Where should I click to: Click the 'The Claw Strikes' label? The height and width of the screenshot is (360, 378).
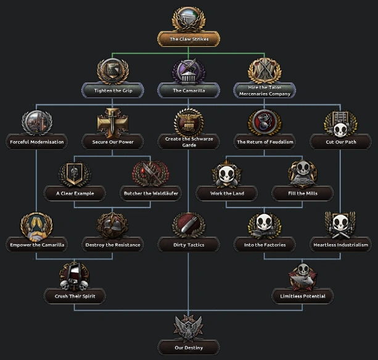[x=189, y=39]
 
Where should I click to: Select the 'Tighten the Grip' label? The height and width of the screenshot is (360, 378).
[x=113, y=91]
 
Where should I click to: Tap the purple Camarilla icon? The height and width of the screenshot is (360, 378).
[x=189, y=72]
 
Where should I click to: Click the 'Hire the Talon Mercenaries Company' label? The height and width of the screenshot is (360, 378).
[x=265, y=91]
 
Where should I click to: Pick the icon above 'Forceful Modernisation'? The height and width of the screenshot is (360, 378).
[x=36, y=123]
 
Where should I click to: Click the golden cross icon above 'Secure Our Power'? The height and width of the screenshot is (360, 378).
[x=113, y=123]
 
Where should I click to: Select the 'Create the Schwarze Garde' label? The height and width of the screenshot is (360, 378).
[x=189, y=142]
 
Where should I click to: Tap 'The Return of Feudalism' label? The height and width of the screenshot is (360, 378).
[x=265, y=142]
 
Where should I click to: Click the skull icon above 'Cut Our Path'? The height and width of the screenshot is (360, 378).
[x=340, y=123]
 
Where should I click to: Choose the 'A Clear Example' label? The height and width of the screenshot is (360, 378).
[x=75, y=194]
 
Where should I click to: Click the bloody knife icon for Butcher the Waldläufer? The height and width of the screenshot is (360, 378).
[x=150, y=174]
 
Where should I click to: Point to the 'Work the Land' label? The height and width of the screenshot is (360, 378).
[x=227, y=194]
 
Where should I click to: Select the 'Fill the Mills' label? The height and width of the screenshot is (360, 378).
[x=303, y=194]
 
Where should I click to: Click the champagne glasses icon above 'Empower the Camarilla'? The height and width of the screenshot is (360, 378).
[x=36, y=226]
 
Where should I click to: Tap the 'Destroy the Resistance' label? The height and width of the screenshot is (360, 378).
[x=113, y=245]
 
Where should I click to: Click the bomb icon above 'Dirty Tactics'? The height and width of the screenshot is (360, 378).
[x=189, y=226]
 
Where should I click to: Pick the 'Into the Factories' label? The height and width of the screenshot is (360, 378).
[x=265, y=245]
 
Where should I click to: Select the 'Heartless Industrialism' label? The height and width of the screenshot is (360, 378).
[x=341, y=245]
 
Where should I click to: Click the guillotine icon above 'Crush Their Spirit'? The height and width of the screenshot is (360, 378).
[x=74, y=277]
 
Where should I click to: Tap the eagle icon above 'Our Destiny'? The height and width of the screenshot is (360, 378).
[x=189, y=329]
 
